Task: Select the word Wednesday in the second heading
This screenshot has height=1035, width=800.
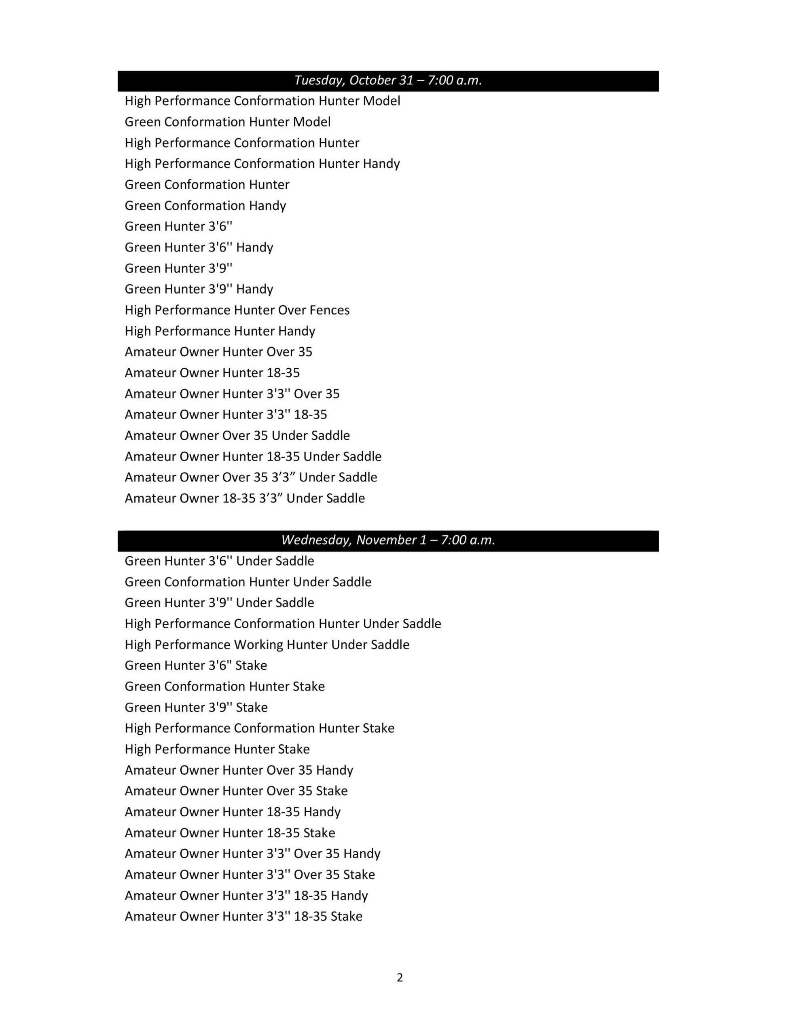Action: (316, 540)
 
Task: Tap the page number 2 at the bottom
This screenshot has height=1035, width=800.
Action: (400, 977)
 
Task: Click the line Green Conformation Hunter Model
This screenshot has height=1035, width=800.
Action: (228, 122)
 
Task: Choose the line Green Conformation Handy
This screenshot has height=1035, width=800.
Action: (205, 206)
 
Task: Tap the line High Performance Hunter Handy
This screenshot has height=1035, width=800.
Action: (220, 331)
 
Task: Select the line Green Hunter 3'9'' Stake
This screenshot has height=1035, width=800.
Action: (196, 707)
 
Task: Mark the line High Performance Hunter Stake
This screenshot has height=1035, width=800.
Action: (217, 749)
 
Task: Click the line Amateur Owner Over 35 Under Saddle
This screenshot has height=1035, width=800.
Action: (237, 435)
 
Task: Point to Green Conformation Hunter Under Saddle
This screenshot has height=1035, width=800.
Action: (248, 582)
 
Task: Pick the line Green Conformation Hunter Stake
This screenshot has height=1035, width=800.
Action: (225, 686)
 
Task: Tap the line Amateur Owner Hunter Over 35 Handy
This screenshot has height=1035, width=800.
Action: (239, 770)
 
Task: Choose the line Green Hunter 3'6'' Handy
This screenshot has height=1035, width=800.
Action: (199, 247)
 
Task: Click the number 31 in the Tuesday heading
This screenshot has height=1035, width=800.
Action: (406, 80)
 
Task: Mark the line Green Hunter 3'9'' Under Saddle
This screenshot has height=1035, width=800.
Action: (220, 603)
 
